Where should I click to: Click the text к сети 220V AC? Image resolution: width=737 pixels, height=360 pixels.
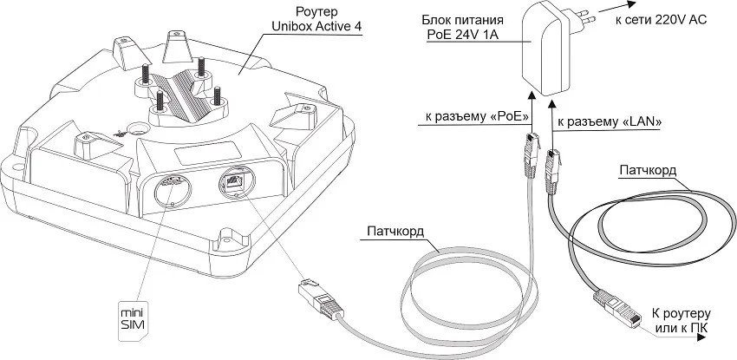(662, 19)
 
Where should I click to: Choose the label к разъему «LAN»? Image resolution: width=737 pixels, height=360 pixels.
(610, 123)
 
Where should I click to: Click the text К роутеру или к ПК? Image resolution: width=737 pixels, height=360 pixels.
(681, 317)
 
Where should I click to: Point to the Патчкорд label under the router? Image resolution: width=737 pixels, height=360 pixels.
(396, 232)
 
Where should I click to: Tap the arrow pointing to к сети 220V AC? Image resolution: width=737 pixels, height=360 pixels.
(604, 19)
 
